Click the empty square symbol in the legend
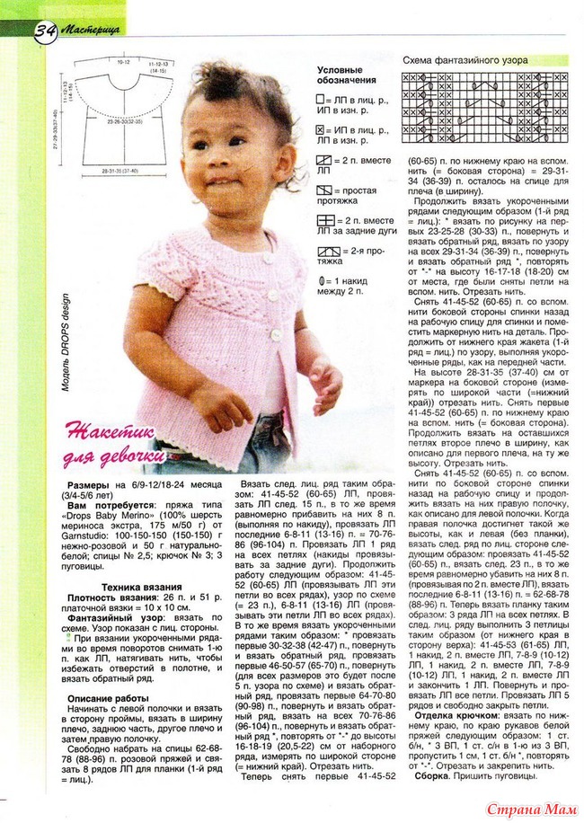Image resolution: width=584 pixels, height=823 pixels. tap(321, 100)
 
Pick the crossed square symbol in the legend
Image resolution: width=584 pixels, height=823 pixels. tap(321, 131)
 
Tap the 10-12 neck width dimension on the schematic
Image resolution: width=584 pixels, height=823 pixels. tap(123, 64)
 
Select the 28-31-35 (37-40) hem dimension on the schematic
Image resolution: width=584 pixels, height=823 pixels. tap(122, 170)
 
